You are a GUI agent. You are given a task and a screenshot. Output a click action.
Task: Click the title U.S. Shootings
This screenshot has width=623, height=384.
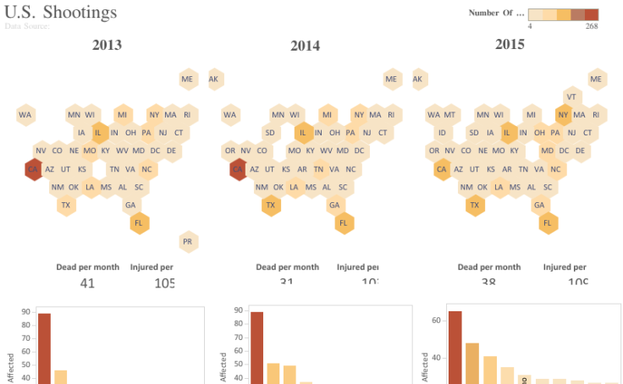coord(60,13)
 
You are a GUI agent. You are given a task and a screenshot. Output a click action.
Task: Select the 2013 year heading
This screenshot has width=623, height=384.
coord(107,45)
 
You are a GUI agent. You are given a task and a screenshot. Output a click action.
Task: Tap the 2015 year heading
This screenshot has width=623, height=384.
coord(510,44)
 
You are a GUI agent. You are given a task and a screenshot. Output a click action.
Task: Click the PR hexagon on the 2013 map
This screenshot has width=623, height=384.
coord(189,241)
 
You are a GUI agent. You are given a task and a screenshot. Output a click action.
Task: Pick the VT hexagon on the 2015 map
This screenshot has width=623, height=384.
coord(572,96)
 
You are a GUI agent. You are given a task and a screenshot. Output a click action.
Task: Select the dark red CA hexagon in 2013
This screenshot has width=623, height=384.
coord(33,169)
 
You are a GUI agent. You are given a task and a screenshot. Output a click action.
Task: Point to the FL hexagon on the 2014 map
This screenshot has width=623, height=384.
coord(344,223)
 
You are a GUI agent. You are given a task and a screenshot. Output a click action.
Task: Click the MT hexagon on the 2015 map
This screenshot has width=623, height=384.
coord(449,114)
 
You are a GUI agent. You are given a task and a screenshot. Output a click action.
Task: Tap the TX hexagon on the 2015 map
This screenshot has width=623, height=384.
coord(474,205)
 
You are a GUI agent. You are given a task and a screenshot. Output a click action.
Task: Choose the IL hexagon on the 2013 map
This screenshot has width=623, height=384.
coord(98,132)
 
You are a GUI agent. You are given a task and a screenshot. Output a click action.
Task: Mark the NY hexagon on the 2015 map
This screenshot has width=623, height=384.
coord(563,114)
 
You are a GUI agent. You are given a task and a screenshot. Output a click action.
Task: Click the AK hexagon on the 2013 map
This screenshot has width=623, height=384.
coord(214,80)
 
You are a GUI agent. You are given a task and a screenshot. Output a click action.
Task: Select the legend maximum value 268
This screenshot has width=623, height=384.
coord(591,26)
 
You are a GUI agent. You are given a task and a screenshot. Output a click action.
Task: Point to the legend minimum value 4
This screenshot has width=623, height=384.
coord(530,26)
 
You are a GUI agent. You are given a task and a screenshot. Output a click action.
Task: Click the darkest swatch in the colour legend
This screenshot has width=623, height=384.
coord(591,14)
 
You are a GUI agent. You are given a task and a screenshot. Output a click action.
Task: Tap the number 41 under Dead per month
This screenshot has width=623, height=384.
coord(87,283)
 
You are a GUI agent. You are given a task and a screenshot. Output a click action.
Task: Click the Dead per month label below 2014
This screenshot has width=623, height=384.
coord(288,267)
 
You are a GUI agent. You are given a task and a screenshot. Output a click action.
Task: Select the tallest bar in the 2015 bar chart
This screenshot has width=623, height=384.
coord(455,347)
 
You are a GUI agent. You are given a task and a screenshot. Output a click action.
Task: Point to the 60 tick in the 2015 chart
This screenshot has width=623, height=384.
coord(438,321)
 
